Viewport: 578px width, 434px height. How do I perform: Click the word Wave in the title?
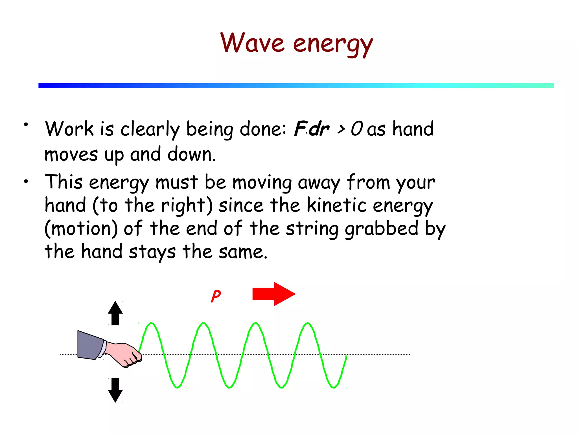[252, 43]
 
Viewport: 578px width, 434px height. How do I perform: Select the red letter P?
[216, 296]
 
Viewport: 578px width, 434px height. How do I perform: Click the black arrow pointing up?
[115, 313]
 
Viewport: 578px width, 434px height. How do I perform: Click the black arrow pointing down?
[115, 390]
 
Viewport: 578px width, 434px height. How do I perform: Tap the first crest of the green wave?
[151, 324]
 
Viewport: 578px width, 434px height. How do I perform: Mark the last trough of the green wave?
[334, 387]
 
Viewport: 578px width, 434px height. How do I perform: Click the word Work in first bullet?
[69, 129]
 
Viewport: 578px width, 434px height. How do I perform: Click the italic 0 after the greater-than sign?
[356, 129]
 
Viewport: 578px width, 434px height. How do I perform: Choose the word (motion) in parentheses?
[81, 229]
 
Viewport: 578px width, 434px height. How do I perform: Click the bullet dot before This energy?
[26, 182]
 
